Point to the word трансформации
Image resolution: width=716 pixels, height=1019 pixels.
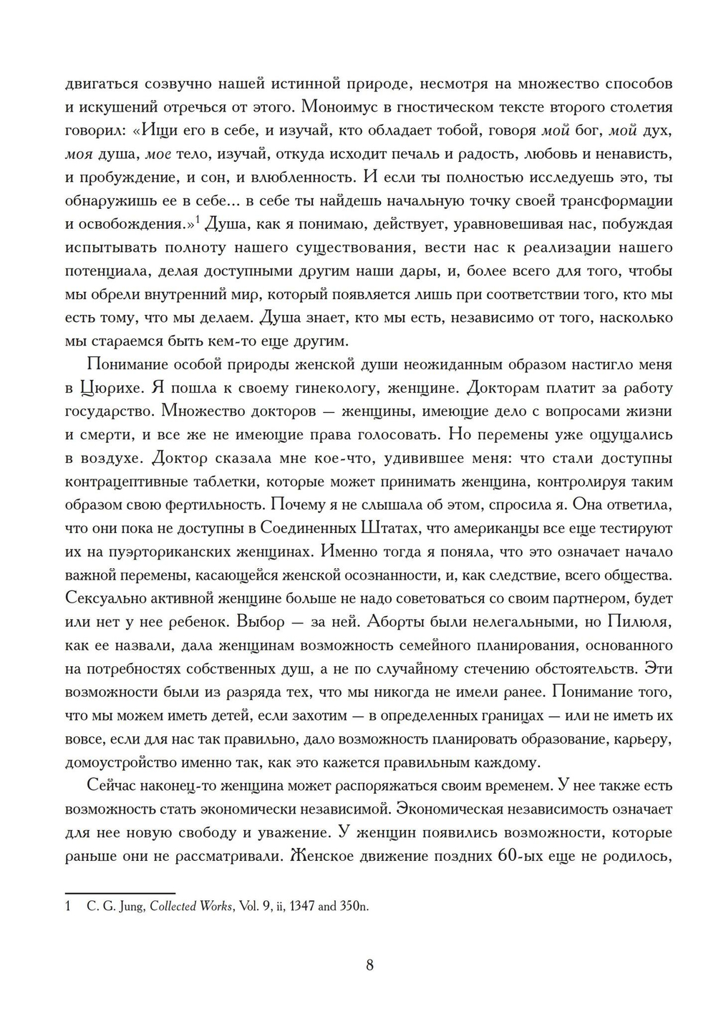point(615,200)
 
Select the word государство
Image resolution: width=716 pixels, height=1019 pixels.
point(107,411)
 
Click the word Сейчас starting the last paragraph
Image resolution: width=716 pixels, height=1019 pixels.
point(117,786)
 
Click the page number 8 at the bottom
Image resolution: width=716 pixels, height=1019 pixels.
point(369,965)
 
